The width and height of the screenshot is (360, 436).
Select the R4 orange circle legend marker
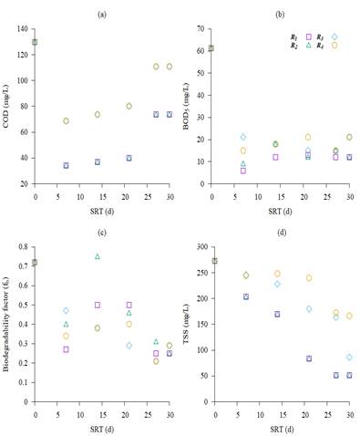tap(334, 46)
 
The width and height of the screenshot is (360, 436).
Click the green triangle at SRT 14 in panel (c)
tap(98, 256)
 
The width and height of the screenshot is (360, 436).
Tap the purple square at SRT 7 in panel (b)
tap(243, 171)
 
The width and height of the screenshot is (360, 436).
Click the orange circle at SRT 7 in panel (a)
tap(66, 120)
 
